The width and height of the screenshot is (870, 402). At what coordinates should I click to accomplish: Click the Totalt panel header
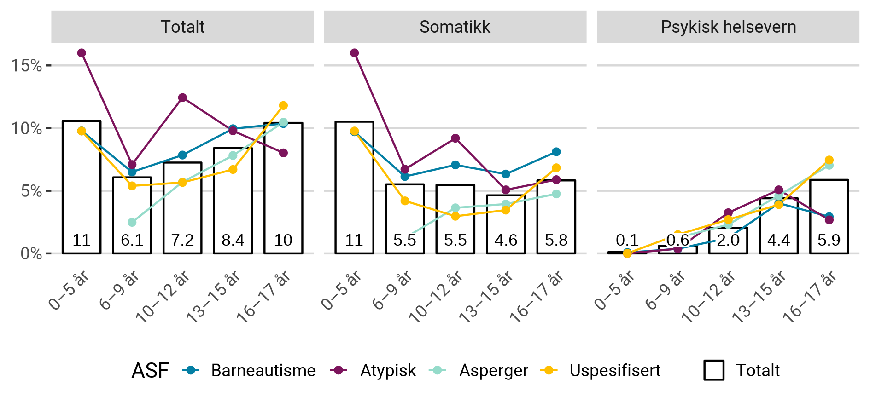182,27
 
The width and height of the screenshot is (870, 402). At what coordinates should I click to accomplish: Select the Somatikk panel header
455,27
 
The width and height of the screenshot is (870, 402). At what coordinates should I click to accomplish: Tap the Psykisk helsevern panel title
728,27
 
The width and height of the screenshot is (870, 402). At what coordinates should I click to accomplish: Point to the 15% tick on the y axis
26,66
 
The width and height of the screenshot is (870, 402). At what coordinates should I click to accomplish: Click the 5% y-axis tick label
31,191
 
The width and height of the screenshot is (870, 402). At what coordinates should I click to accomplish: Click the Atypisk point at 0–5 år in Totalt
82,53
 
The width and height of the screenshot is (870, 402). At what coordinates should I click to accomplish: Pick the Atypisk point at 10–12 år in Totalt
182,98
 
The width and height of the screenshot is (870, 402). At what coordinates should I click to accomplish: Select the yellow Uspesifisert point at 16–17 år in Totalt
283,105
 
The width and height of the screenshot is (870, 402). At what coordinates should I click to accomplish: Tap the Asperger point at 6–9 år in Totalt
132,222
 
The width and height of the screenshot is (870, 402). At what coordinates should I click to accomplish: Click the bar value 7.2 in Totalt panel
182,240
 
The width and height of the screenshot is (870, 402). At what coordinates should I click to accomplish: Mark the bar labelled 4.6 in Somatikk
506,224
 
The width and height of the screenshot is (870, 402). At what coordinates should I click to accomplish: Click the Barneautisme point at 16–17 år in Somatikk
556,152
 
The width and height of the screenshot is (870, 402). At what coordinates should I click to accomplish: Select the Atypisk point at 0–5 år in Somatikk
354,53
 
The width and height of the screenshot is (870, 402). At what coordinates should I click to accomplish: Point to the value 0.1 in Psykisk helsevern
627,240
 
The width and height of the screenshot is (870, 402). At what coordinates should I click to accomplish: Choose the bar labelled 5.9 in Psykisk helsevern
829,216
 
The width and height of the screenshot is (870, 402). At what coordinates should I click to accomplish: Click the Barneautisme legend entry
263,370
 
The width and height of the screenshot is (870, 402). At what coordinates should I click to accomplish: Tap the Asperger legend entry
493,370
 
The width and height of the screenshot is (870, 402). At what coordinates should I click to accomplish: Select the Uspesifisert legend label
615,370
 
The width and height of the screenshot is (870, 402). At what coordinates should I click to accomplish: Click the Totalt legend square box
714,370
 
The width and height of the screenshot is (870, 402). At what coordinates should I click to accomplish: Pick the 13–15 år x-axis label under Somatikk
486,297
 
